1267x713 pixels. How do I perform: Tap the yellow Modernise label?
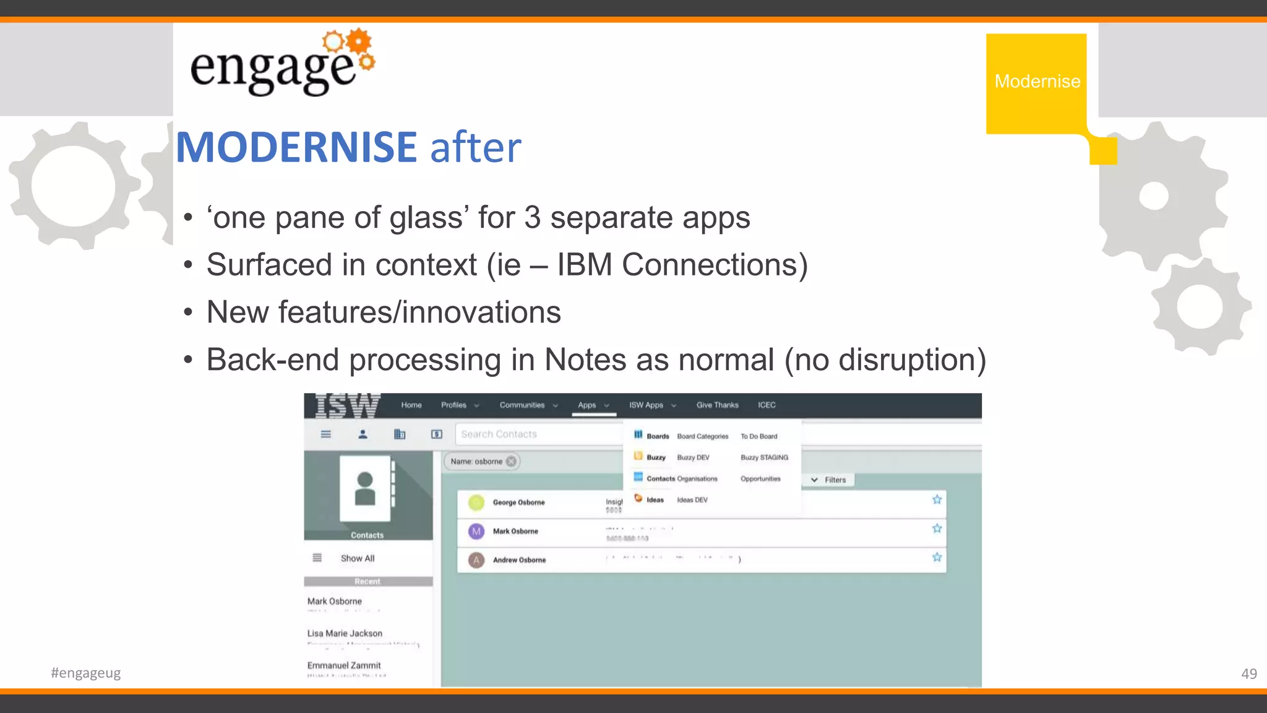(x=1037, y=82)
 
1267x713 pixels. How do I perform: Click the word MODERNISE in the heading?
(x=296, y=147)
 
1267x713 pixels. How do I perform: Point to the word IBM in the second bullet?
(x=584, y=265)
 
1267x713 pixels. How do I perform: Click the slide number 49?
(x=1248, y=673)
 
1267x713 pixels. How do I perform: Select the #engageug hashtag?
(x=86, y=673)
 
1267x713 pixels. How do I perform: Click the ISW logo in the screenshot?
(x=346, y=406)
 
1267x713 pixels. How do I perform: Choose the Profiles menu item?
(x=455, y=405)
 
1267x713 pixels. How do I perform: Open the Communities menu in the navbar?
(x=523, y=405)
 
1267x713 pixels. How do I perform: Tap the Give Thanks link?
(x=717, y=405)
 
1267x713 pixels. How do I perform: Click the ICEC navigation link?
(x=767, y=405)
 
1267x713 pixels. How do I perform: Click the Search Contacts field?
(x=538, y=434)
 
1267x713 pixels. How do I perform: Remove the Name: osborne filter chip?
(x=511, y=461)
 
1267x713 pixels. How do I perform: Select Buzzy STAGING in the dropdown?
(x=764, y=457)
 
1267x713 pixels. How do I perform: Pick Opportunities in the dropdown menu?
(x=760, y=478)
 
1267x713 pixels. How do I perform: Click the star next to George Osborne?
(x=937, y=499)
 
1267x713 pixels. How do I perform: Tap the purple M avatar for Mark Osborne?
(x=476, y=531)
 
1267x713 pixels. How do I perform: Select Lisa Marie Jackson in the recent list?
(x=345, y=633)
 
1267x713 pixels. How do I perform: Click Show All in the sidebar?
(x=358, y=558)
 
